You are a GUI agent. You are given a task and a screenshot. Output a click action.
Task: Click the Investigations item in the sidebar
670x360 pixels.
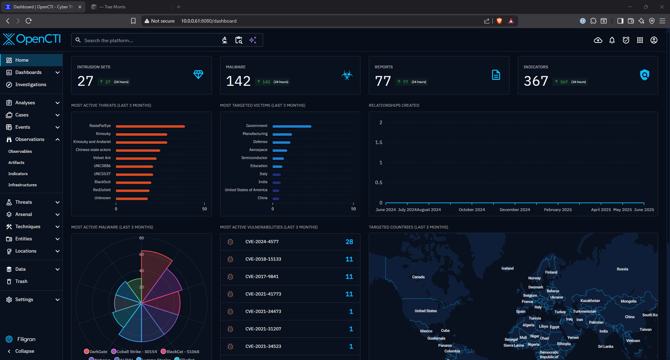[30, 84]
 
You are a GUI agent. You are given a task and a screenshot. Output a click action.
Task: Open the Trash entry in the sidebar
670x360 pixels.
[21, 281]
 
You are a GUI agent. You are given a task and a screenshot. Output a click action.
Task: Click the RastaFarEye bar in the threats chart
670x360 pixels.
[150, 126]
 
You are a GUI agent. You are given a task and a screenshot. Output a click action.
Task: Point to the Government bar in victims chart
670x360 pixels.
[292, 126]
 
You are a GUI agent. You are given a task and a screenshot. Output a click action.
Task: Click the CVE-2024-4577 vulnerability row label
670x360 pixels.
[262, 242]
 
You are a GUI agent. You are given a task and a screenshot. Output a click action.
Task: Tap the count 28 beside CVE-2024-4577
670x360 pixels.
[349, 242]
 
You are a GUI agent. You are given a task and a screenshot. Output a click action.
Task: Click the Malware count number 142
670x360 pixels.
[238, 81]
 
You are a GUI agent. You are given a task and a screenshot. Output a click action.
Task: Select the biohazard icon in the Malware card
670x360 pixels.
[347, 75]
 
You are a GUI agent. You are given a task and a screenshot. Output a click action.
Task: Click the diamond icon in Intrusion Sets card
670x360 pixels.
[198, 75]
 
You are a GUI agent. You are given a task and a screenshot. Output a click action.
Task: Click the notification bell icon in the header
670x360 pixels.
[612, 40]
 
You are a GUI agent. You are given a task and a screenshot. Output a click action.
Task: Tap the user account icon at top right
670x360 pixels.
[654, 40]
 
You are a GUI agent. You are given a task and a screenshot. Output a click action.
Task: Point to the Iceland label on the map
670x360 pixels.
[507, 268]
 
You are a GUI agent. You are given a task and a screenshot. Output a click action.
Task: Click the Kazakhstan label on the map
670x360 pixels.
[590, 301]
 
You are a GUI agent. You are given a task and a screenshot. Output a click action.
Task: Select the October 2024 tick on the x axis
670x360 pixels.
[472, 209]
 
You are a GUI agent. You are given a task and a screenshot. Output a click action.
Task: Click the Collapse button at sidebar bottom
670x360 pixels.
[25, 351]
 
